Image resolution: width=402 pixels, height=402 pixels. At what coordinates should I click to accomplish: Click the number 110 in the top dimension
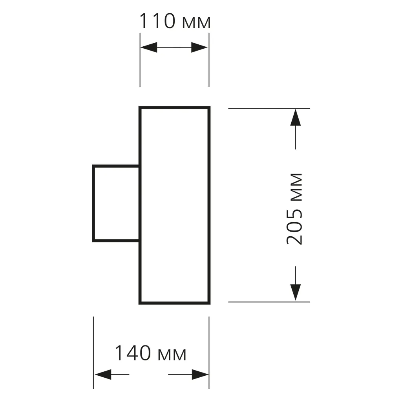157,21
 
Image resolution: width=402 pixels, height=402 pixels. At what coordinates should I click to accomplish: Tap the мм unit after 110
196,23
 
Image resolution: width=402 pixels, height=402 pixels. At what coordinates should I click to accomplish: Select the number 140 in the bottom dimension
133,353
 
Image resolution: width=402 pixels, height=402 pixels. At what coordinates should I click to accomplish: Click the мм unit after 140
172,355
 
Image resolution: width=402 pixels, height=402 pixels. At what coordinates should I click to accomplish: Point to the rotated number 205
294,227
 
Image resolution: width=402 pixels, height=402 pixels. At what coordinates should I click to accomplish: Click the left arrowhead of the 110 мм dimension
149,48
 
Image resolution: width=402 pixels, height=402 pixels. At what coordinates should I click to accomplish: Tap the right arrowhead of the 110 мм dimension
199,48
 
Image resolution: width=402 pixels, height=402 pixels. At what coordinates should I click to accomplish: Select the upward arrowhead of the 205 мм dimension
296,117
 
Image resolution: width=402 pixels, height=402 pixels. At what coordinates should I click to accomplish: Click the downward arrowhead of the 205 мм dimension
296,292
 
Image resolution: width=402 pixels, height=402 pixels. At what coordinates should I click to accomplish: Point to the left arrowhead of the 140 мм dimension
103,375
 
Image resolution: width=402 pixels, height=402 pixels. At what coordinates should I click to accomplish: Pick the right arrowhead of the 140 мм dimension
200,375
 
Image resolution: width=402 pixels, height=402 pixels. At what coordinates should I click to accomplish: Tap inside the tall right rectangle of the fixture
175,205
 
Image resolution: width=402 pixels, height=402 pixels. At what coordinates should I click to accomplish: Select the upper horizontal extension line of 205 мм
269,109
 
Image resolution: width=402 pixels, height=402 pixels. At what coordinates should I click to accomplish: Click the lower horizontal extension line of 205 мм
269,302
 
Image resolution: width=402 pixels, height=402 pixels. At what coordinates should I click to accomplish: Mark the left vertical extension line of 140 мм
93,353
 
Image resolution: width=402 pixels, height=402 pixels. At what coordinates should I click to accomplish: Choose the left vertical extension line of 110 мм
140,60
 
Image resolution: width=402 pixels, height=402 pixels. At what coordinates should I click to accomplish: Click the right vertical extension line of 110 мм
209,60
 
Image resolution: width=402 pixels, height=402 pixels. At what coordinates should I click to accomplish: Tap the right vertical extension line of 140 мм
209,353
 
